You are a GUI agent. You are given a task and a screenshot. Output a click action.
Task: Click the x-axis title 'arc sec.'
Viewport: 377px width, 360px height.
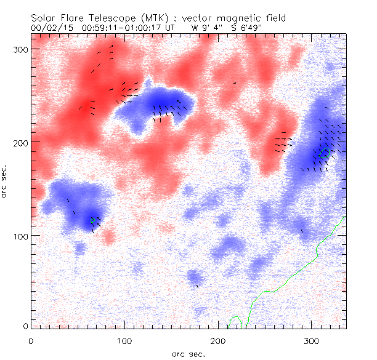188,353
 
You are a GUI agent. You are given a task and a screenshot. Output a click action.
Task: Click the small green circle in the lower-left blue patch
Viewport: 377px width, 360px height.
93,220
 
